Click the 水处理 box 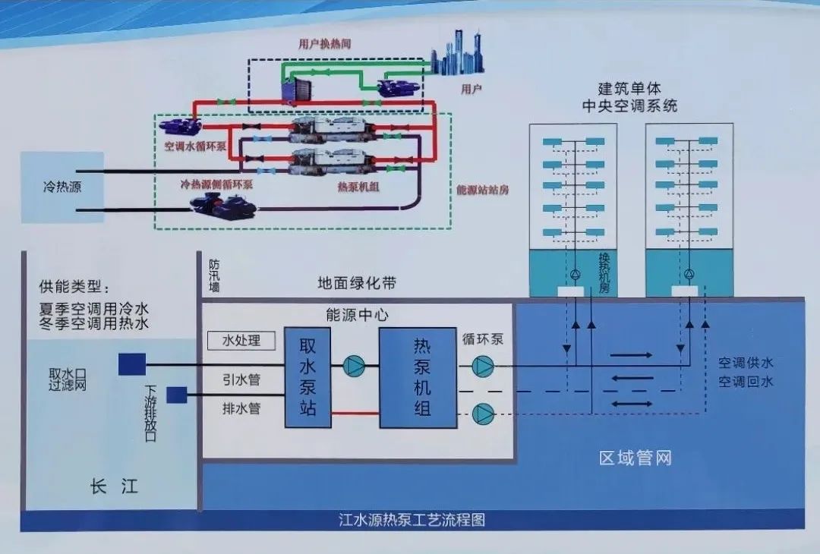point(241,341)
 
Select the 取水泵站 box point(307,377)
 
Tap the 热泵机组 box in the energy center point(418,378)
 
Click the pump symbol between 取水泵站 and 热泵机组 point(354,366)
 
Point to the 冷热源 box point(62,187)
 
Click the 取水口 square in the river point(132,364)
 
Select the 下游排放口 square point(177,395)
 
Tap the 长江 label point(114,486)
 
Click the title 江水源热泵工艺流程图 point(412,520)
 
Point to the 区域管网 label point(635,458)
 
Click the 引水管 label point(241,379)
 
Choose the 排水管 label point(241,408)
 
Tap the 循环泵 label point(483,339)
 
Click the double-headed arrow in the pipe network point(632,404)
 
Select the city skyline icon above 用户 point(458,53)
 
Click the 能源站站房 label point(482,190)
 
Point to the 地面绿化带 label point(357,283)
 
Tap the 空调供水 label point(746,363)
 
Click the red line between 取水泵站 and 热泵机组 point(355,414)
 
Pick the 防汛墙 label point(214,276)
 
